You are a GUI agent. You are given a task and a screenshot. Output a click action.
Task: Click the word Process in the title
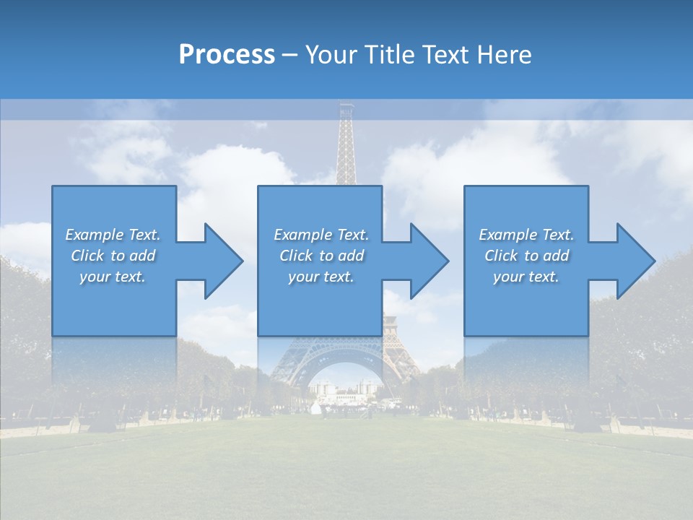click(x=227, y=55)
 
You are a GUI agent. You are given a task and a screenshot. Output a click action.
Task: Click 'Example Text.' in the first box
click(x=113, y=235)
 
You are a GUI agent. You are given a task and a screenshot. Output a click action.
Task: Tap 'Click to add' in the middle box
click(x=321, y=256)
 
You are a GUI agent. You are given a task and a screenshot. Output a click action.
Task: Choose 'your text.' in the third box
click(x=526, y=277)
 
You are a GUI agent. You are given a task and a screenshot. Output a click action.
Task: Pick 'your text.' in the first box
click(x=113, y=277)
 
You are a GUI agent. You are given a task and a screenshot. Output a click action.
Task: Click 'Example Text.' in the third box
click(x=526, y=235)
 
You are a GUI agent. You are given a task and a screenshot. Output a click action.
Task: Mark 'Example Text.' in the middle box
click(x=321, y=235)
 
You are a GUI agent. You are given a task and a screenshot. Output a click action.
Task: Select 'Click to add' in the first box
click(x=113, y=256)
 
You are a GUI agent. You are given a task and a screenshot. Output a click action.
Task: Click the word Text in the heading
click(x=445, y=55)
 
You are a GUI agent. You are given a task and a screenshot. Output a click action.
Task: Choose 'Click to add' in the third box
click(x=526, y=256)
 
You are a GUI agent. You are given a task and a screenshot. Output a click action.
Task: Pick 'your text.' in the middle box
click(x=321, y=277)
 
